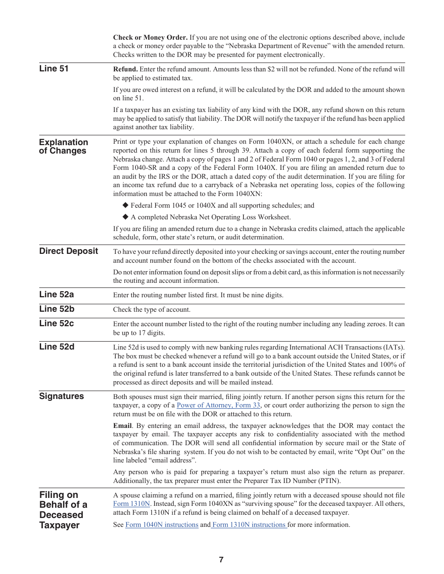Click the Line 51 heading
click(x=54, y=69)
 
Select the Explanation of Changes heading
click(x=63, y=147)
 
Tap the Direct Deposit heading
click(x=69, y=251)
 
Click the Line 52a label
click(x=57, y=294)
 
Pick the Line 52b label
click(x=57, y=309)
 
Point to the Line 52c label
click(x=57, y=323)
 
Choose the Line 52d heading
click(x=57, y=347)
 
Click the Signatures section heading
click(x=62, y=396)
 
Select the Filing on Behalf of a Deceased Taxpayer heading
click(x=63, y=510)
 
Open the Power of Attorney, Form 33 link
click(x=218, y=406)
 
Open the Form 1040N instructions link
click(x=162, y=525)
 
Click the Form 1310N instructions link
click(x=249, y=525)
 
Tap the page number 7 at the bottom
click(x=221, y=560)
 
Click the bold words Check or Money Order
click(x=150, y=37)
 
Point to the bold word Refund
click(x=125, y=69)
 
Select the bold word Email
click(x=122, y=426)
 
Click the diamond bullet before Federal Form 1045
click(x=125, y=205)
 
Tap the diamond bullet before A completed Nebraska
click(x=125, y=217)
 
